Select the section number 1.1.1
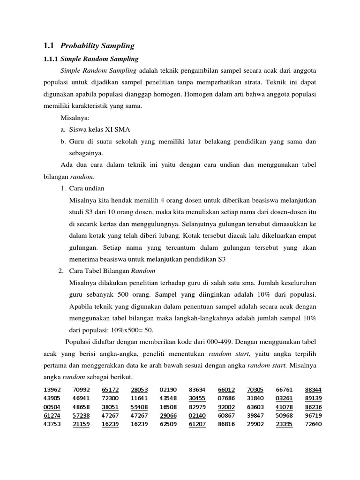[50, 59]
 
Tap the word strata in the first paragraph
[255, 82]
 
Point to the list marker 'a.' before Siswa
[63, 129]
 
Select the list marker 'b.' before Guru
[63, 141]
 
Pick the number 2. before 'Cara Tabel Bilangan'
[61, 271]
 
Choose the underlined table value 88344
[313, 390]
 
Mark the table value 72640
[313, 425]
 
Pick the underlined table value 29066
[168, 416]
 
